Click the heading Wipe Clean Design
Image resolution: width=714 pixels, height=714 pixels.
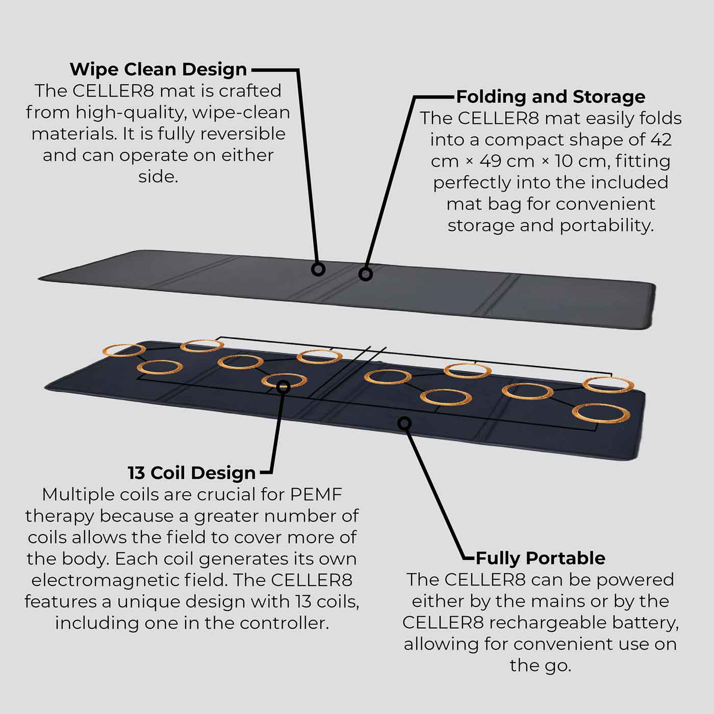pyautogui.click(x=158, y=69)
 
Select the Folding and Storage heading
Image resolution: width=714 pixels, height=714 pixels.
pyautogui.click(x=550, y=96)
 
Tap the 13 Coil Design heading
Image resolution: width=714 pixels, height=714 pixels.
pyautogui.click(x=191, y=473)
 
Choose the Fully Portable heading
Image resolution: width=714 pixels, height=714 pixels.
pyautogui.click(x=540, y=558)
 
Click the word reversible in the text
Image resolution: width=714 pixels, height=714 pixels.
pyautogui.click(x=242, y=134)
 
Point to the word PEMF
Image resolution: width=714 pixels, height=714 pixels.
pyautogui.click(x=316, y=494)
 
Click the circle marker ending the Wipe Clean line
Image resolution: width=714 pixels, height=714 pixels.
pyautogui.click(x=318, y=269)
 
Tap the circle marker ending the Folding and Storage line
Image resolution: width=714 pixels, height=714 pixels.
pyautogui.click(x=365, y=274)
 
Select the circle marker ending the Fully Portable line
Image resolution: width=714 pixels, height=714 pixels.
pyautogui.click(x=404, y=423)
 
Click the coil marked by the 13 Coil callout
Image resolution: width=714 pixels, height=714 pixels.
pyautogui.click(x=284, y=381)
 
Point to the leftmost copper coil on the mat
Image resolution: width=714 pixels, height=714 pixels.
pyautogui.click(x=124, y=350)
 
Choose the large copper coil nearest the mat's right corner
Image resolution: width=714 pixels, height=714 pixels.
pyautogui.click(x=601, y=413)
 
